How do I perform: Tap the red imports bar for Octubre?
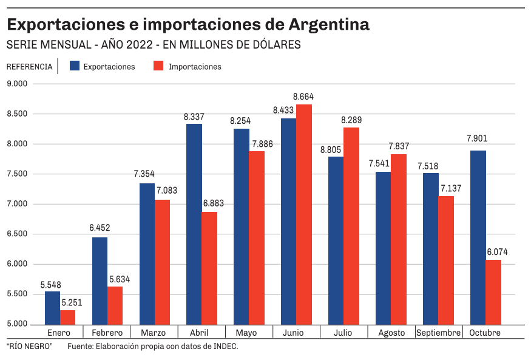[493, 291]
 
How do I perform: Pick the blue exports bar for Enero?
[52, 307]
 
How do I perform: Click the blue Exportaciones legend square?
[75, 66]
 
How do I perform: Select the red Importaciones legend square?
[158, 66]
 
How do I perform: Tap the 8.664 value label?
[303, 97]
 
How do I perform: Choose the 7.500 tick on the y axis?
[18, 174]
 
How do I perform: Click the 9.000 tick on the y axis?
[18, 84]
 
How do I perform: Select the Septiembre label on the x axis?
[438, 333]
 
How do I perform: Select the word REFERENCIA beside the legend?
[29, 67]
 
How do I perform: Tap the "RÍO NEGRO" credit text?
[30, 347]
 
